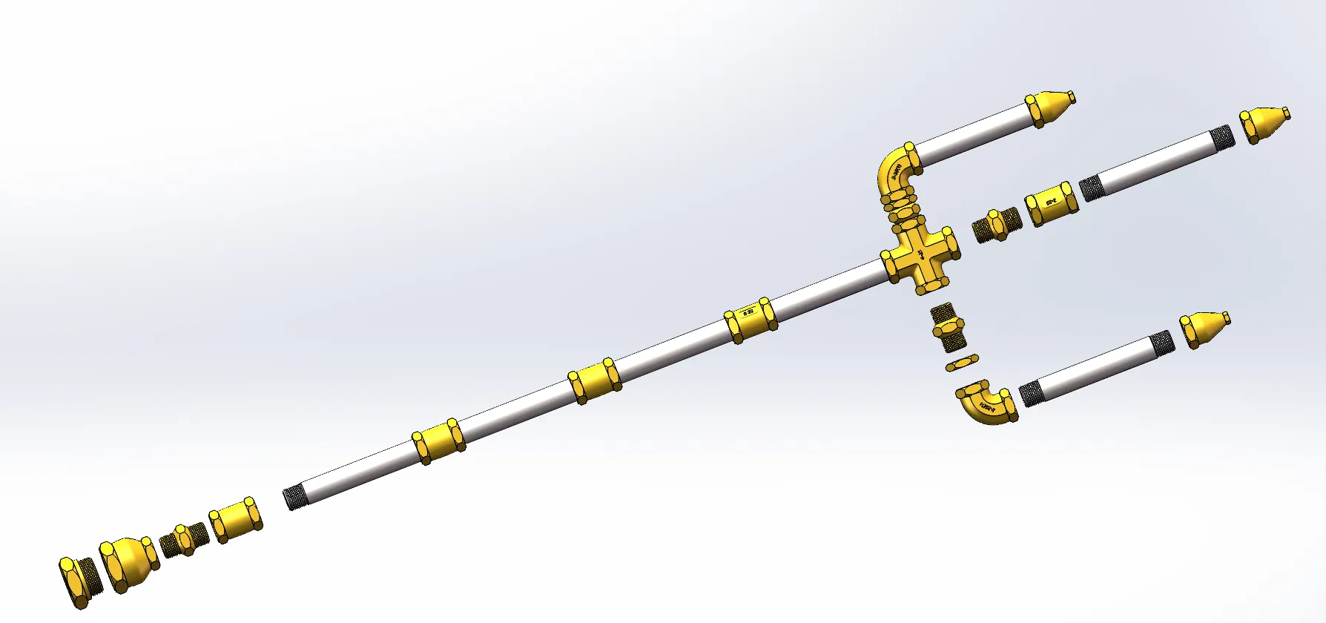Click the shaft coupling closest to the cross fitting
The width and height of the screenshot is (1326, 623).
pyautogui.click(x=750, y=320)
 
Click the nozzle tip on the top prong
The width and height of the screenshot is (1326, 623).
pyautogui.click(x=1050, y=108)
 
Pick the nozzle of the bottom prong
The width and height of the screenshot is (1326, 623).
pyautogui.click(x=1204, y=329)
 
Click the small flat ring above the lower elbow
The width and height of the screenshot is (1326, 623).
pyautogui.click(x=962, y=363)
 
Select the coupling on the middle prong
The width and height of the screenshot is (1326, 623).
pyautogui.click(x=1050, y=203)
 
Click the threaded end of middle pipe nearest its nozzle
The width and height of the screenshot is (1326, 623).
pyautogui.click(x=1221, y=139)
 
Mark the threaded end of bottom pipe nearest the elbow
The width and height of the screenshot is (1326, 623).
pyautogui.click(x=1030, y=393)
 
